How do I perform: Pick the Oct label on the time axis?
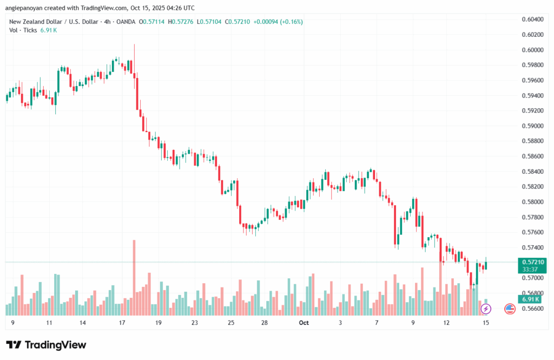click(x=304, y=323)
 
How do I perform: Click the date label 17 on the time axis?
click(x=122, y=323)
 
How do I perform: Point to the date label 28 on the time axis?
click(x=265, y=323)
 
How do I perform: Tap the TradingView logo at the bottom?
click(x=46, y=345)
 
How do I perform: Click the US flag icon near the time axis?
click(x=510, y=309)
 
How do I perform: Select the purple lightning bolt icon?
click(x=486, y=309)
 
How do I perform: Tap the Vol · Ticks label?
click(x=23, y=30)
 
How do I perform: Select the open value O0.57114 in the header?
click(x=153, y=22)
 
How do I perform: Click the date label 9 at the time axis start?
click(x=12, y=323)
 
